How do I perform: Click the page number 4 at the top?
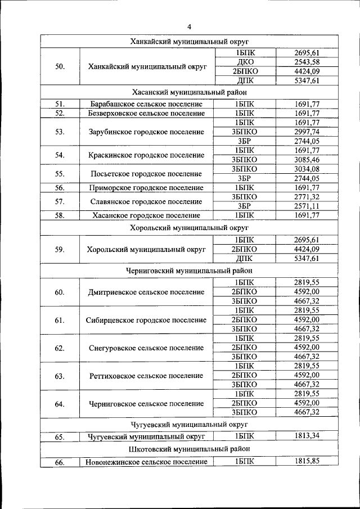[189, 26]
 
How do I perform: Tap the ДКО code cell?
[245, 62]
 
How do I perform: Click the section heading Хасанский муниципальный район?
[189, 92]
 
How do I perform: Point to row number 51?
[60, 104]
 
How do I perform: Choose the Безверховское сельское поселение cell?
[146, 113]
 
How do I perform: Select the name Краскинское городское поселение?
[146, 155]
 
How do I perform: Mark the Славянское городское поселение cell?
[146, 201]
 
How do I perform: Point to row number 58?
[60, 215]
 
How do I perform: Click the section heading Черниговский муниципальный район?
[189, 271]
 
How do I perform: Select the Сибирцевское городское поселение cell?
[146, 320]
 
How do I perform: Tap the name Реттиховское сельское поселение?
[146, 376]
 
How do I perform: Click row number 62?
[60, 348]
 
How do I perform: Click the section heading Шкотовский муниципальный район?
[189, 449]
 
